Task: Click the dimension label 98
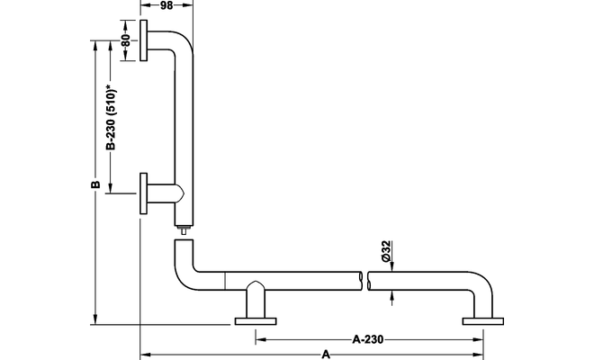click(166, 6)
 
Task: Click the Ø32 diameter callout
click(384, 252)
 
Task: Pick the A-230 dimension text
click(368, 339)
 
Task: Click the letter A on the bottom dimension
click(326, 355)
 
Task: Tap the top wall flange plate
click(145, 41)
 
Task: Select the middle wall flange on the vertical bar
click(144, 193)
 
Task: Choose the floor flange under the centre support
click(256, 321)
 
